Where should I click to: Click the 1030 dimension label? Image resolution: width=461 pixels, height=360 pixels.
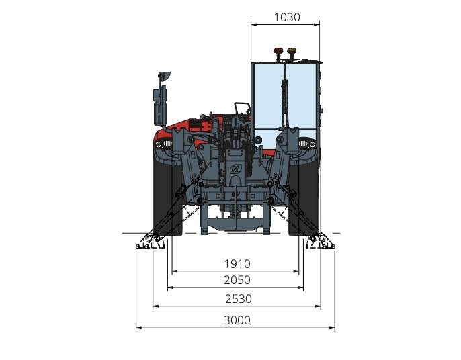[287, 17]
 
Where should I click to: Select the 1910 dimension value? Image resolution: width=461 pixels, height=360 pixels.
[237, 264]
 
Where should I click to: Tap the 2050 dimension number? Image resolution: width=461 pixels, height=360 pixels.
[237, 280]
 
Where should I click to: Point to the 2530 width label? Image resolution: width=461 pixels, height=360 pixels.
[239, 299]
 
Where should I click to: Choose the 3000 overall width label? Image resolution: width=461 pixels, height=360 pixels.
[237, 320]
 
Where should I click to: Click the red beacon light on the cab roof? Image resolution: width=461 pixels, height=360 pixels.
[278, 52]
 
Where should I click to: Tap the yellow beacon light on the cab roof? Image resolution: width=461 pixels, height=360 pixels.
[292, 52]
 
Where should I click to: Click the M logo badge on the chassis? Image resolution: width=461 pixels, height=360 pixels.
[235, 169]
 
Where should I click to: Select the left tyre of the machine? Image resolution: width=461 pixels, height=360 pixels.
[167, 194]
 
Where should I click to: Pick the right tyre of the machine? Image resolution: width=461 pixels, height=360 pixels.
[304, 194]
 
